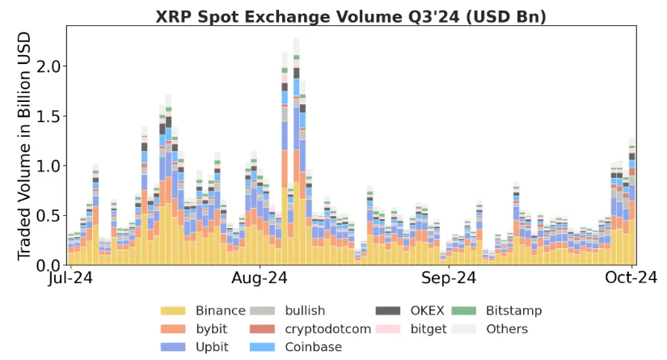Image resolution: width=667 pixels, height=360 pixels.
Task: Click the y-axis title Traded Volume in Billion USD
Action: [x=24, y=146]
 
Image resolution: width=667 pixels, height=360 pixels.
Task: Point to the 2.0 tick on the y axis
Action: [x=49, y=66]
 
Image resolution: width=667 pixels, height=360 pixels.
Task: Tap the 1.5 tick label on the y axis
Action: [x=49, y=116]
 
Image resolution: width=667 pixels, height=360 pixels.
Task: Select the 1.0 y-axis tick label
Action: [x=49, y=166]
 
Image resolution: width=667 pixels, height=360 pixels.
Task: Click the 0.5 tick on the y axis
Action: [x=49, y=216]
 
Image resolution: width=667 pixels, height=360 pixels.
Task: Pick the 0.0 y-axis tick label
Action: [x=49, y=265]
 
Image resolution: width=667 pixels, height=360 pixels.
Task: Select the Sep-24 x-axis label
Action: [x=450, y=278]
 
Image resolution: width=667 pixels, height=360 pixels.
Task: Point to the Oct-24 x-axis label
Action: [x=631, y=278]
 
